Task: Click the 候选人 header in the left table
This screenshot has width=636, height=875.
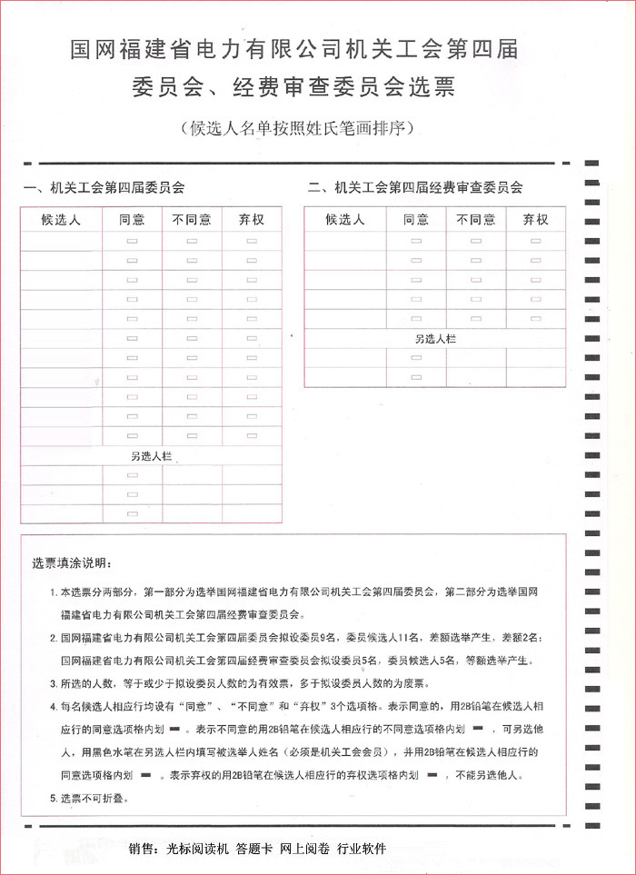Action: point(61,220)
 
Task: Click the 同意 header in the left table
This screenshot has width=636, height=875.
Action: point(133,220)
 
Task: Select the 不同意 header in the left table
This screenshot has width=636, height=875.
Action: point(192,220)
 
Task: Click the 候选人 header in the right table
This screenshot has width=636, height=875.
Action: point(344,220)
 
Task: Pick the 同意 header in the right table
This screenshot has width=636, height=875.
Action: point(416,220)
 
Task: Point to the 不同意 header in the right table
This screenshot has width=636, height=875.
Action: point(476,220)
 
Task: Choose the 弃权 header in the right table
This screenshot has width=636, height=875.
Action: point(536,220)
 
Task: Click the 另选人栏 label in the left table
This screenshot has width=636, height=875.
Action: point(152,456)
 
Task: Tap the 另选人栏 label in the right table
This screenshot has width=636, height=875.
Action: point(435,338)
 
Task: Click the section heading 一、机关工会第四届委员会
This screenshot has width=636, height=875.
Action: point(104,188)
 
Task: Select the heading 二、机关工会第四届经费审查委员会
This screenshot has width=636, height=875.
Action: point(415,188)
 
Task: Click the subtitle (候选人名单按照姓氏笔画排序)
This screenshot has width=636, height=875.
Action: point(297,127)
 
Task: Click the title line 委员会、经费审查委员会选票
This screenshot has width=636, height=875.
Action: point(293,88)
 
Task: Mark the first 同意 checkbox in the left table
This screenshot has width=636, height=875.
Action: point(133,241)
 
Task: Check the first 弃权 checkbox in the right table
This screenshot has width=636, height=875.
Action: point(536,241)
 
